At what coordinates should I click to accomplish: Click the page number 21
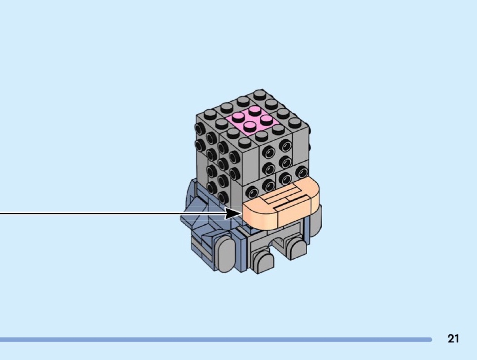453,339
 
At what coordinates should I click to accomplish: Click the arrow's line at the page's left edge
1,213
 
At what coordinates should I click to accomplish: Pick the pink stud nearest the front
250,126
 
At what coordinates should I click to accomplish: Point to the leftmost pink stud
238,117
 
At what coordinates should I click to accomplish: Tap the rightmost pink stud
266,119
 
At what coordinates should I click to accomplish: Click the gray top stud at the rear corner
259,94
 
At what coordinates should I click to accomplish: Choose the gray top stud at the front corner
244,143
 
